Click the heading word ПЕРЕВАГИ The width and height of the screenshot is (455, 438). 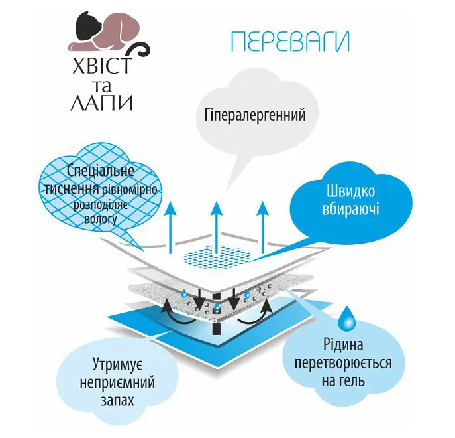click(290, 41)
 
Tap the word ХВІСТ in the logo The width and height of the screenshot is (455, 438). click(101, 66)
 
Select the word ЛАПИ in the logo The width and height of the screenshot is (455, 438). click(101, 102)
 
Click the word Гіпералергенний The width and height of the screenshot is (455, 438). click(255, 115)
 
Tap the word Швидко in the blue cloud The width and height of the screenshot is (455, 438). click(350, 191)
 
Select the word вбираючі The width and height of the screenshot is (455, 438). click(350, 209)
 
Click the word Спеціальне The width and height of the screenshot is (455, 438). click(101, 171)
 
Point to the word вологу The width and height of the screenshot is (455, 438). click(101, 219)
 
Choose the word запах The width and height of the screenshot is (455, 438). click(117, 400)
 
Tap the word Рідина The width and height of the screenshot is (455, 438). click(343, 345)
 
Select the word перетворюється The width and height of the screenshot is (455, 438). click(343, 363)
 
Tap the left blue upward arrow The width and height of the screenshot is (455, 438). click(170, 227)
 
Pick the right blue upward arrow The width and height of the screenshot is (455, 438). click(263, 227)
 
